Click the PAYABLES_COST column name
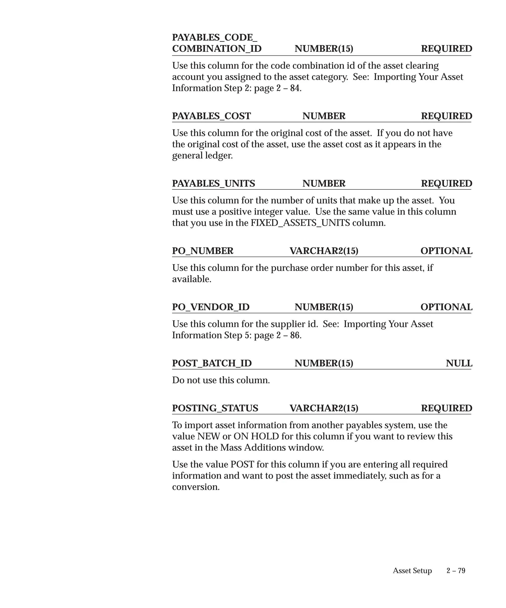211,116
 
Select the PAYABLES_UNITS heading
213,184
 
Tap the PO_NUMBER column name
203,251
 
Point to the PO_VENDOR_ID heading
211,307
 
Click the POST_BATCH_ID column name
212,363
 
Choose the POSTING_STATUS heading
215,408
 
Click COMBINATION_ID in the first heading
217,49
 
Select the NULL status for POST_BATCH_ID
459,363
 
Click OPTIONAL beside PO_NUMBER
446,251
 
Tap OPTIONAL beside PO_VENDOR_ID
446,307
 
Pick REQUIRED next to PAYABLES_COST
446,116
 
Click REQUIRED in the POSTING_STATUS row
446,408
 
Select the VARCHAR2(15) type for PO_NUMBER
324,251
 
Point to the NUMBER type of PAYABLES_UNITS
324,184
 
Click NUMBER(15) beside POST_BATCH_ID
324,363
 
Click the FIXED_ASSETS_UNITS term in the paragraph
300,223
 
